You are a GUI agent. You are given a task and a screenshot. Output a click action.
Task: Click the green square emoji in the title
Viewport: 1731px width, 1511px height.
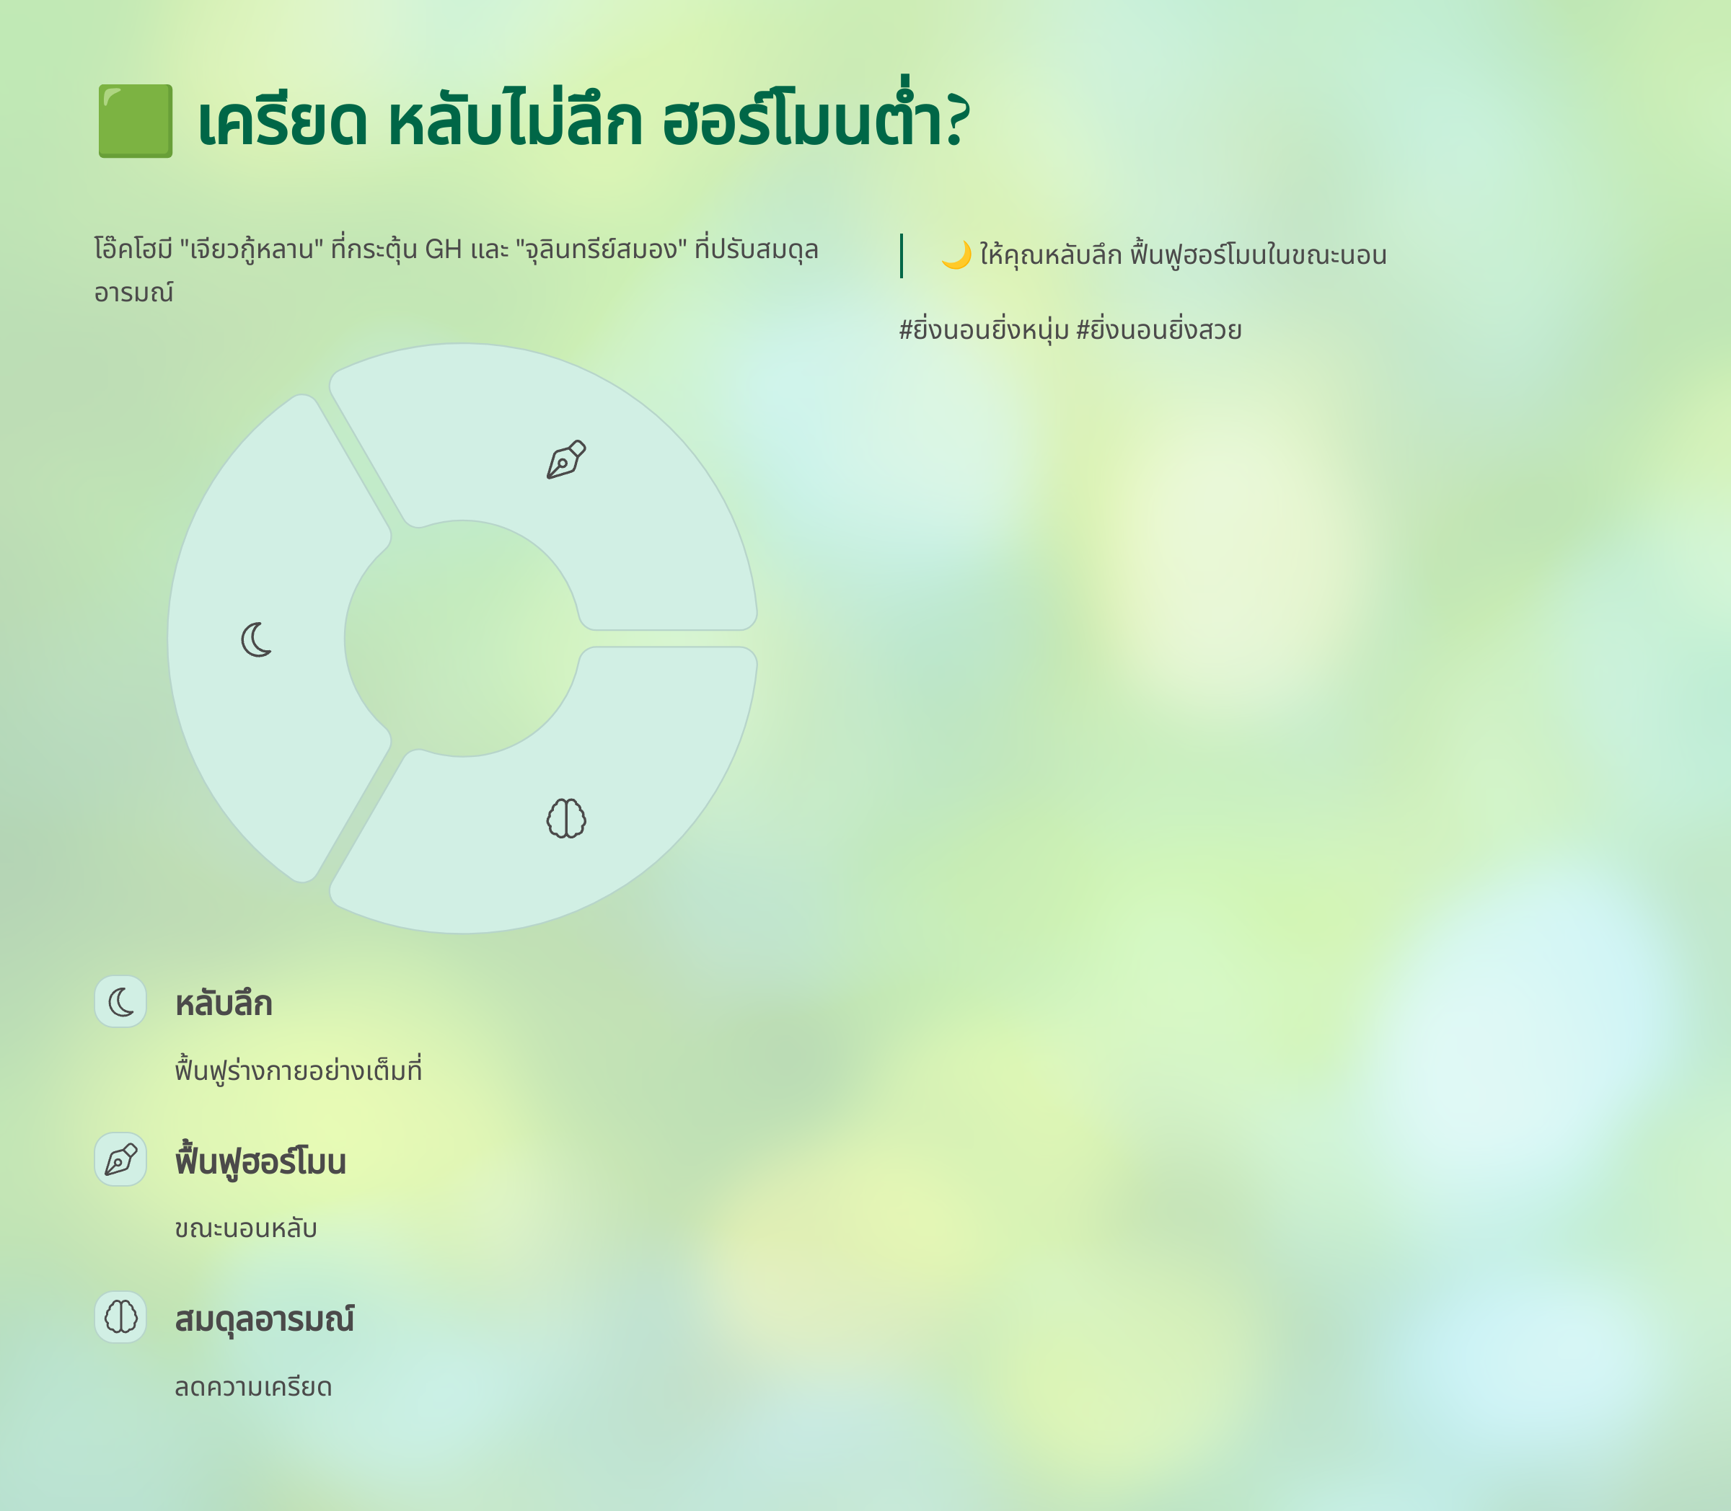pos(135,120)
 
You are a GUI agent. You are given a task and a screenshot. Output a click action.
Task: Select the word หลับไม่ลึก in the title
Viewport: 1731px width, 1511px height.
pos(516,118)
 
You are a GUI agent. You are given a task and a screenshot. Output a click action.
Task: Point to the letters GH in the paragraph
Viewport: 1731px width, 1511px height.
pos(443,249)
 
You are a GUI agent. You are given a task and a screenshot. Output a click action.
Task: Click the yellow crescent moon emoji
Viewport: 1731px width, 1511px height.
pos(956,254)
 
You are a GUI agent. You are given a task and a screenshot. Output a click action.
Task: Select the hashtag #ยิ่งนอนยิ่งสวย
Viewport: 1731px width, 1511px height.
pos(1158,328)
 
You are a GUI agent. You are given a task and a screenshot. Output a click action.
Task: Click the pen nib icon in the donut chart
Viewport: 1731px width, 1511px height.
pos(566,459)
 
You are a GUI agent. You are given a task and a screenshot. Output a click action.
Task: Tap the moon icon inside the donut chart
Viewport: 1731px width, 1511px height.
pos(257,639)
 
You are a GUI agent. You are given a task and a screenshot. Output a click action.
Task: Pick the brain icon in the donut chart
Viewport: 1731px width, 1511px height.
pos(566,818)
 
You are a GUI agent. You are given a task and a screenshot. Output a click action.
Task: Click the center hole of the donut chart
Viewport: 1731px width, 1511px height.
pos(462,638)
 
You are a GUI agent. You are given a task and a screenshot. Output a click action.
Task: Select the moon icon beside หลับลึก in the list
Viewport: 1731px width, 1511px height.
pos(120,1002)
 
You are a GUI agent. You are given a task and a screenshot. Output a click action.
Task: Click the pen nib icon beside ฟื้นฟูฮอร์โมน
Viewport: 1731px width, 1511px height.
pos(120,1159)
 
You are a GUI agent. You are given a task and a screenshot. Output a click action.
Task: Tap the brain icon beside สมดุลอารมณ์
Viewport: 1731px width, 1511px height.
pos(120,1317)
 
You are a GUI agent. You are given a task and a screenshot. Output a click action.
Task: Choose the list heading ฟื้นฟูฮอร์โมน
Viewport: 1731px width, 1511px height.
pos(260,1160)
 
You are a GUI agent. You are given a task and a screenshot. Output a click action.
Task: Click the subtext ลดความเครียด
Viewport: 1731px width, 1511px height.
pos(253,1387)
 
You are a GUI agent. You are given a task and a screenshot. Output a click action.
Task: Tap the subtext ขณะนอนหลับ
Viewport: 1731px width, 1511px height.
pos(245,1228)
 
